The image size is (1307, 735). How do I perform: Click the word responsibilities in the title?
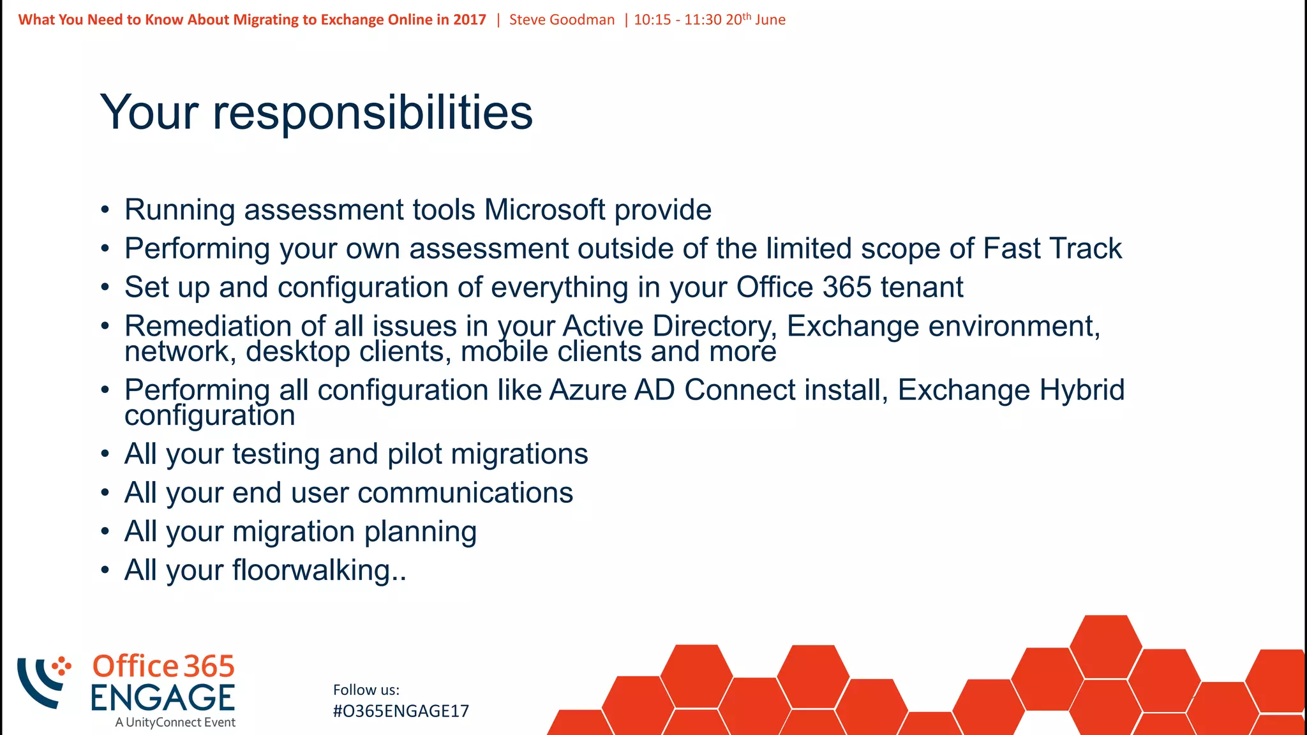tap(372, 114)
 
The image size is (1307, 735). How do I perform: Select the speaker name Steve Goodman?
tap(562, 20)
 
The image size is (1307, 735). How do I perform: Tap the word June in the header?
tap(770, 20)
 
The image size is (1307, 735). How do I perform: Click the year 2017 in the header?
tap(470, 20)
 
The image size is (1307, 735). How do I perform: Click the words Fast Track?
tap(1052, 249)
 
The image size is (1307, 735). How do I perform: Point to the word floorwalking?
tap(311, 570)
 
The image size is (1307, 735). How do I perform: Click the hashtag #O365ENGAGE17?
tap(401, 711)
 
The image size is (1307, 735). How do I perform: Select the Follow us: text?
tap(366, 690)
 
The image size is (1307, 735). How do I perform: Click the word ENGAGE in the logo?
tap(163, 698)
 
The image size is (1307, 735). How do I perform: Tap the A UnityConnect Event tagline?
tap(176, 722)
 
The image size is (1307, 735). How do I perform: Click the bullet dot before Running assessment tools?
tap(105, 211)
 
